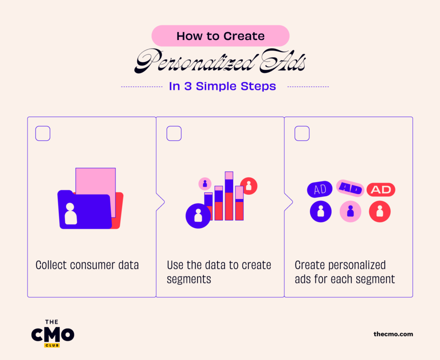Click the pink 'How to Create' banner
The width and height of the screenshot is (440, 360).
[220, 36]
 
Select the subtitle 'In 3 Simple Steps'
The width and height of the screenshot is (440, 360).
[222, 86]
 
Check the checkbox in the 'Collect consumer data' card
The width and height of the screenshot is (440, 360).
[43, 133]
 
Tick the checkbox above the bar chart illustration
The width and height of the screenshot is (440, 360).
[174, 133]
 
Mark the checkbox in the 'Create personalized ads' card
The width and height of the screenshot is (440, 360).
[302, 133]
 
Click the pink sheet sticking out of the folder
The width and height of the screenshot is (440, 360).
[95, 181]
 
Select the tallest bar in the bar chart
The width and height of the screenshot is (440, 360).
[229, 196]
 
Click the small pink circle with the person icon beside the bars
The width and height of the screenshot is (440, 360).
[205, 184]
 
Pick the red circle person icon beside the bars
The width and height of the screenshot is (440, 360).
[249, 186]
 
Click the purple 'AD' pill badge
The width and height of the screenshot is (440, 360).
[320, 189]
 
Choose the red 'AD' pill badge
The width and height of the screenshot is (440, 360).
[381, 190]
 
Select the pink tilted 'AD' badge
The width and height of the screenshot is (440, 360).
[350, 188]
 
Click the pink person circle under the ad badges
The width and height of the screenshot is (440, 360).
[350, 211]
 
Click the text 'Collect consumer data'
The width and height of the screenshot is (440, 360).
[87, 265]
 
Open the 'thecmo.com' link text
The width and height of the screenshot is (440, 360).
[393, 334]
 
